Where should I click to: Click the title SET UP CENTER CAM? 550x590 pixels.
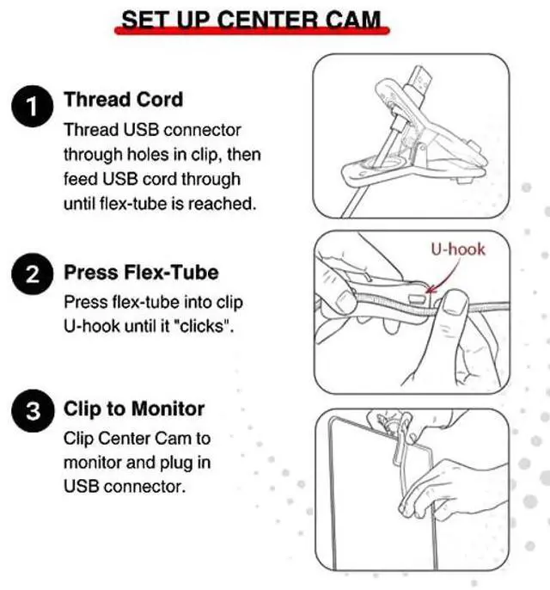(x=251, y=20)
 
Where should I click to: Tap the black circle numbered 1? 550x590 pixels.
(x=33, y=106)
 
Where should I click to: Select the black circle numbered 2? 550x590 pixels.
(x=33, y=273)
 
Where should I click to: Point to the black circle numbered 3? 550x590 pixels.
(x=33, y=410)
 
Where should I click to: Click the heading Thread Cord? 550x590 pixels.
(x=124, y=100)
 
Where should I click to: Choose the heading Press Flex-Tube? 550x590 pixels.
(x=141, y=272)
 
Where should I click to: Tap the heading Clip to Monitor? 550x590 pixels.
(x=134, y=409)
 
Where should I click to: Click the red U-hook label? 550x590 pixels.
(x=458, y=249)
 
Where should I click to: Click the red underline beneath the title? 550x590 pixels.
(x=252, y=30)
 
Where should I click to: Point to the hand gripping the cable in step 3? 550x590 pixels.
(x=451, y=489)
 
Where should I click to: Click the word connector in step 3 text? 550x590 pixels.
(x=145, y=487)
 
